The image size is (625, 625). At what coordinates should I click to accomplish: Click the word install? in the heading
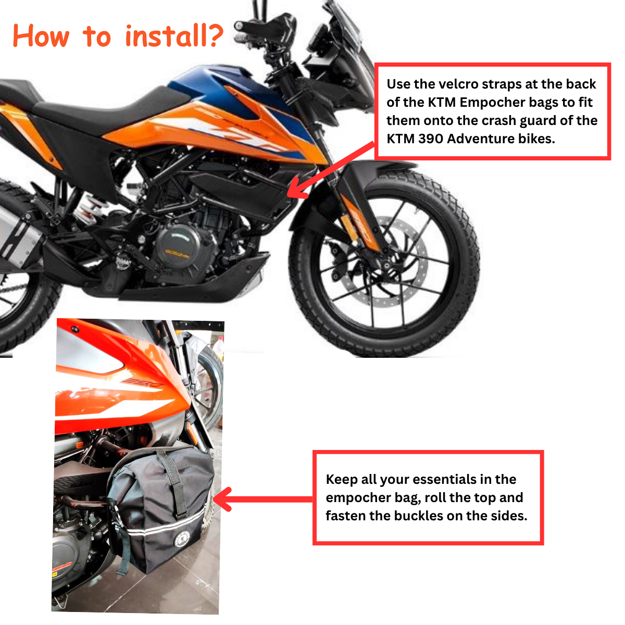click(174, 36)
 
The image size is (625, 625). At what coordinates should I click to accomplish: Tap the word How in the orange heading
click(41, 36)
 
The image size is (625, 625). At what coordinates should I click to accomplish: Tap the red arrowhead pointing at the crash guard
click(297, 188)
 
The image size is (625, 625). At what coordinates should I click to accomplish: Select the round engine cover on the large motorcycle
click(176, 247)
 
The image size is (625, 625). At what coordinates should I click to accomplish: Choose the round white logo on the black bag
click(182, 540)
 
